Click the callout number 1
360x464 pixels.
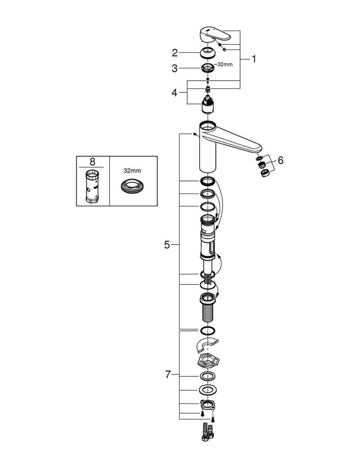253,59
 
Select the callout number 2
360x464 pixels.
175,53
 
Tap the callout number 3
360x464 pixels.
175,69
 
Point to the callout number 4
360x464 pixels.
175,93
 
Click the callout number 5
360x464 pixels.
167,245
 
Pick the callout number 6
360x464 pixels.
281,160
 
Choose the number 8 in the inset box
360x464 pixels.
92,162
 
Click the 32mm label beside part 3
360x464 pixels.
225,64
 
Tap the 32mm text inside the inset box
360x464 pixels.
132,171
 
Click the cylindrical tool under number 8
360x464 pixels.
92,187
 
